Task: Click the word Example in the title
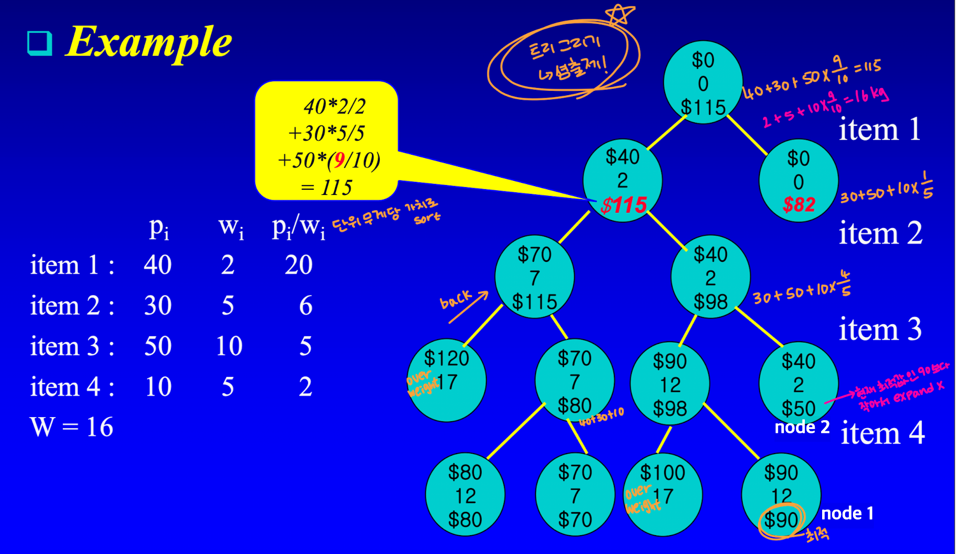[x=149, y=42]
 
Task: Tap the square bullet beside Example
[x=40, y=43]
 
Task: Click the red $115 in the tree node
[x=624, y=205]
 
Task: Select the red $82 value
[x=799, y=204]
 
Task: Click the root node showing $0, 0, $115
[x=703, y=83]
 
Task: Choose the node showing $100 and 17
[x=663, y=494]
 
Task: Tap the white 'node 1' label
[x=847, y=513]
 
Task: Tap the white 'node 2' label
[x=802, y=427]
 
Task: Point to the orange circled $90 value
[x=781, y=520]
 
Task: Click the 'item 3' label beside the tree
[x=880, y=330]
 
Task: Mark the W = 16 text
[x=72, y=427]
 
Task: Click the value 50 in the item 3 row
[x=158, y=346]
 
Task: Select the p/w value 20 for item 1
[x=299, y=264]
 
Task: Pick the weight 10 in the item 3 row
[x=229, y=346]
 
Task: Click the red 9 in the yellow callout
[x=340, y=160]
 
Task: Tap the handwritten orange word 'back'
[x=456, y=299]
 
